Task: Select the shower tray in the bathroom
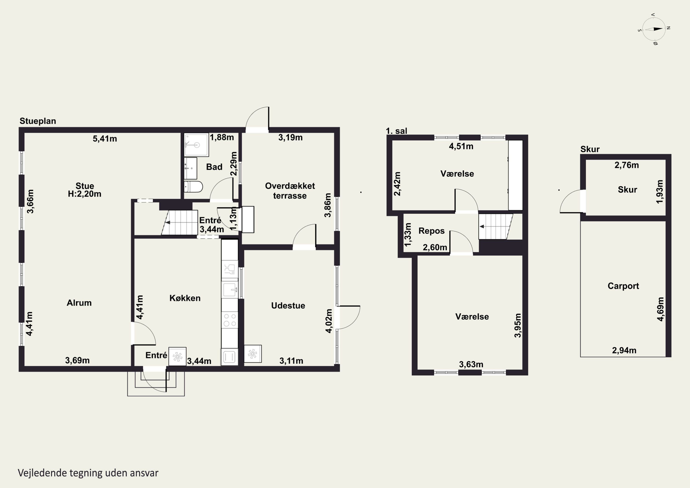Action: click(x=196, y=145)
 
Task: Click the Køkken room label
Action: click(x=185, y=298)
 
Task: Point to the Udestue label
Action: click(x=288, y=306)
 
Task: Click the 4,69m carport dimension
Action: click(x=660, y=309)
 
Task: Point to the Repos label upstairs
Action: click(x=431, y=231)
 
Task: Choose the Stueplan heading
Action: click(x=38, y=121)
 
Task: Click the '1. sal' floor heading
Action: click(x=396, y=131)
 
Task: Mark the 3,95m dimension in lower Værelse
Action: click(x=517, y=325)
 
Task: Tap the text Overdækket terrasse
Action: click(x=290, y=191)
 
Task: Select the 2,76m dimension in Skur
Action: click(x=627, y=165)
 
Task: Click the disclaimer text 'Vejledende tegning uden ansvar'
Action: click(x=88, y=473)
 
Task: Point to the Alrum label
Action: click(x=79, y=303)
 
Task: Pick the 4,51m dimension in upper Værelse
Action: click(x=461, y=146)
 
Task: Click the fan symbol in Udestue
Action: click(x=253, y=354)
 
